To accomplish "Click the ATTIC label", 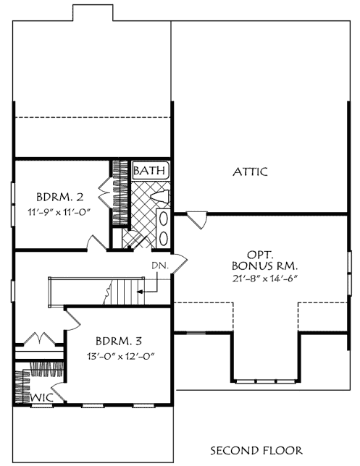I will (x=250, y=172).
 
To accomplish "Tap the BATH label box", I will (x=151, y=171).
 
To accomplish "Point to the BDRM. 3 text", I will (x=119, y=340).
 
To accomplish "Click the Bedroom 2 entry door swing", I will (x=94, y=242).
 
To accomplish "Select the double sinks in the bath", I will (x=164, y=227).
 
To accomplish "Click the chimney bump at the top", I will (x=91, y=12).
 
